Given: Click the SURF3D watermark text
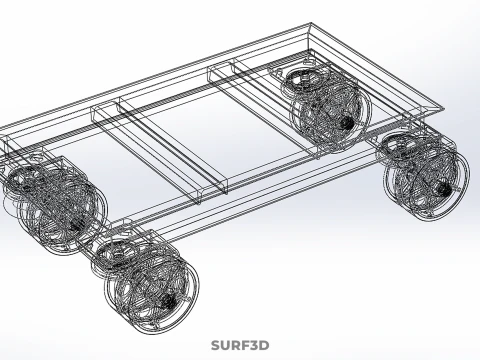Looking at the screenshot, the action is click(240, 346).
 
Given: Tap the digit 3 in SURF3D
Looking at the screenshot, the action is click(254, 346).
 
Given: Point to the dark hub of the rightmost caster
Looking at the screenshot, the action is click(444, 190).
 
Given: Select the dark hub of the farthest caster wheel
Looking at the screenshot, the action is click(347, 123).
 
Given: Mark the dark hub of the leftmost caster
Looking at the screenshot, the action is click(75, 224).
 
